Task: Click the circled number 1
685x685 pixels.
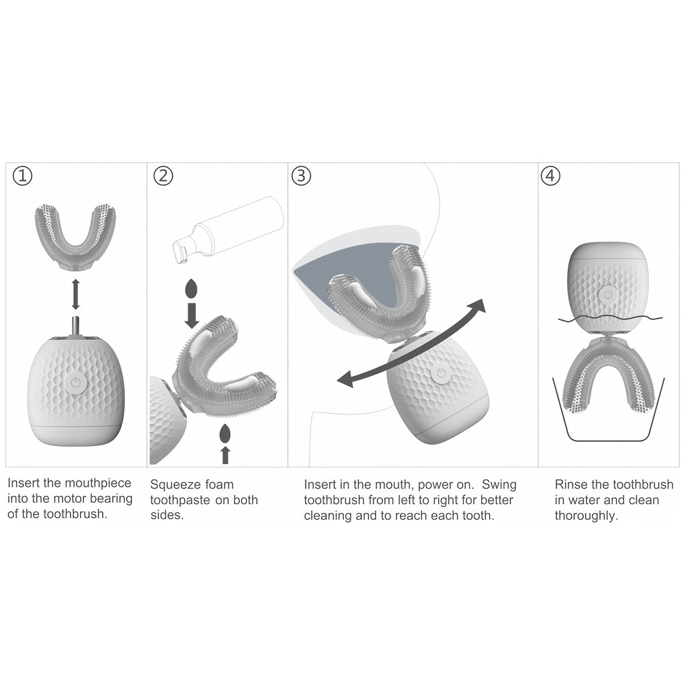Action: (23, 176)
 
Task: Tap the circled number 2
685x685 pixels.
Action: (163, 176)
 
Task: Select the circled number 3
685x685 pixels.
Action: (301, 176)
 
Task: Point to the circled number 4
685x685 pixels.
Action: (551, 176)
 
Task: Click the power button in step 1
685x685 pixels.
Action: (75, 383)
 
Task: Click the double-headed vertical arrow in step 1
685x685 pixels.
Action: (75, 294)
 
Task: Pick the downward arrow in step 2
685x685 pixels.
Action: (191, 316)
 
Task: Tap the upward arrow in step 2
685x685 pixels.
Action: (225, 455)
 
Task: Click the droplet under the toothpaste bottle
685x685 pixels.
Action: (191, 288)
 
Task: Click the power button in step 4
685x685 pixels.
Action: (607, 295)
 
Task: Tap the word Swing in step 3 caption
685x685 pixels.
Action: (499, 484)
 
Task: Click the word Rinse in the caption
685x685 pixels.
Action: (571, 484)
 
